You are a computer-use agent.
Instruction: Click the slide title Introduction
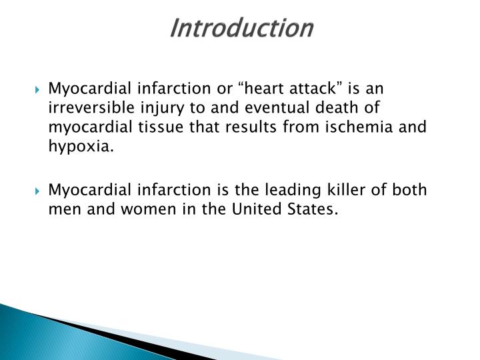[x=241, y=28]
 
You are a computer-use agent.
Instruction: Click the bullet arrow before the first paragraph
[x=41, y=89]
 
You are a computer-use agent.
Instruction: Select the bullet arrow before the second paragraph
[x=41, y=191]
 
